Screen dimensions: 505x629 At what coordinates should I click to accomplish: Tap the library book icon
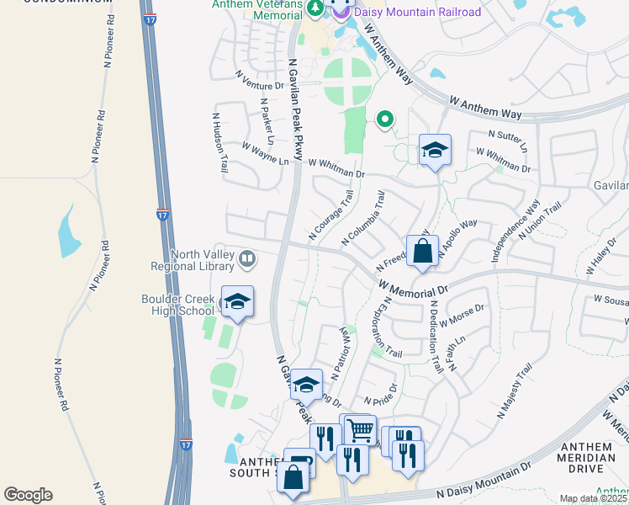point(247,259)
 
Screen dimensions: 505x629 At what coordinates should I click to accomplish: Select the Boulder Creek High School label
point(178,304)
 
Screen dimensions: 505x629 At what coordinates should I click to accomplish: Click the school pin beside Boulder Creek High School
point(237,303)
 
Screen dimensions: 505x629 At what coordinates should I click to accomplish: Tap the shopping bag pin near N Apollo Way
point(422,251)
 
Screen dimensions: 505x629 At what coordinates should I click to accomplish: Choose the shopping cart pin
point(360,429)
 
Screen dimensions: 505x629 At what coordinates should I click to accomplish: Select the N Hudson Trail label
point(220,137)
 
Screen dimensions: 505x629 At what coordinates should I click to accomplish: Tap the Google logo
point(29,495)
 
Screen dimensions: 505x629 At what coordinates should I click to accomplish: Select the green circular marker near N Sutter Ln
point(385,120)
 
